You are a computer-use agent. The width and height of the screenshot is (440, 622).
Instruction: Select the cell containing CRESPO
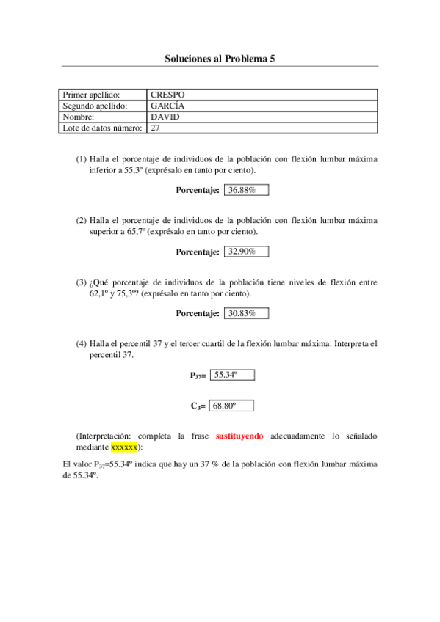262,95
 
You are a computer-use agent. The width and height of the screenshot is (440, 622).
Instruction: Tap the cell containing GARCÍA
262,106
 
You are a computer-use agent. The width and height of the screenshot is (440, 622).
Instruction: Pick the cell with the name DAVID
262,117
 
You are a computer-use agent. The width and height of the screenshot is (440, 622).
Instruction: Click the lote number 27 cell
262,128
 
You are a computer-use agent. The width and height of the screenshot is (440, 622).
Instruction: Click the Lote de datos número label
102,128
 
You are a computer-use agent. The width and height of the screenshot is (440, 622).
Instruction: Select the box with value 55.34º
232,375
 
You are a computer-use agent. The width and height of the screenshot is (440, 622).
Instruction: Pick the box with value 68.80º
232,405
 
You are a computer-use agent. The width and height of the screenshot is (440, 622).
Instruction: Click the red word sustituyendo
239,436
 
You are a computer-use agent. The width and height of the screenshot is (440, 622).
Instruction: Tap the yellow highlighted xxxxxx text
124,447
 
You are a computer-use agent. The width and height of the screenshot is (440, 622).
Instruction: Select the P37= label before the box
198,376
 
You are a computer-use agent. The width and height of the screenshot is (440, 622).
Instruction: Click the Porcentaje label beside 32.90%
198,252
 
